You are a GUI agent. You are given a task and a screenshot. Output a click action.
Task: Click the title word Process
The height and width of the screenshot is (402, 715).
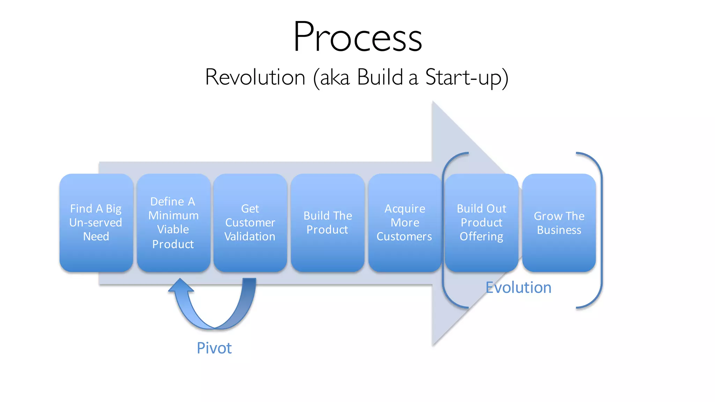tap(357, 37)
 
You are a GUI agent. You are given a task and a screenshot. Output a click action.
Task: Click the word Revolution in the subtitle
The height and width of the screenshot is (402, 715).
tap(255, 77)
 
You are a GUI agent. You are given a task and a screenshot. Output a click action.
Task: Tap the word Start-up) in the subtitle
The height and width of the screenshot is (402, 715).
tap(466, 77)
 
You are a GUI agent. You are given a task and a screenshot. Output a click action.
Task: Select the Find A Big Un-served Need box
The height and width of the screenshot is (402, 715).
tap(96, 223)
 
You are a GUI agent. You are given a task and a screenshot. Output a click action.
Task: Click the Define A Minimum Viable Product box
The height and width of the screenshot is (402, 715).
tap(174, 223)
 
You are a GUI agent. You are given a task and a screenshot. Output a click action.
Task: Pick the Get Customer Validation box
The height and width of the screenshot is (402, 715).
tap(250, 223)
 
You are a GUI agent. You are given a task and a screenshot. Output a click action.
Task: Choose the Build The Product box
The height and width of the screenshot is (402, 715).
tap(327, 223)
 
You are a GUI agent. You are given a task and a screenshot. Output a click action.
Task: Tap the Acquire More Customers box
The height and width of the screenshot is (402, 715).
tap(405, 223)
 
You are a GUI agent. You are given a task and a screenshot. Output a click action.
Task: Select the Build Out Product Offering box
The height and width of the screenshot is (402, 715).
tap(481, 223)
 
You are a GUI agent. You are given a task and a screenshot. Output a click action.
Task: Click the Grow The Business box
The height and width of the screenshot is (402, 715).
tap(559, 223)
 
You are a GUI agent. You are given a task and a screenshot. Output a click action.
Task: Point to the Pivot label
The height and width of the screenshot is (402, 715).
tap(214, 348)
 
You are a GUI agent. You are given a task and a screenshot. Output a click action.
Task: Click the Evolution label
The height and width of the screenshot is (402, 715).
tap(518, 288)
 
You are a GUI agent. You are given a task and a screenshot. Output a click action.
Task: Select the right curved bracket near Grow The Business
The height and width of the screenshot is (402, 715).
tap(601, 230)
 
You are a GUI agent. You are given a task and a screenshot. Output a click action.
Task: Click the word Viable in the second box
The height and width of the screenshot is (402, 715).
tap(173, 230)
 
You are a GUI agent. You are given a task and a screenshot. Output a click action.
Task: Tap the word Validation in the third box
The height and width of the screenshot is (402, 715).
tap(250, 237)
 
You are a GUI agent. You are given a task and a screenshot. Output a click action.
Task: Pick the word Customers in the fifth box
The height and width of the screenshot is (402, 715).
tap(404, 237)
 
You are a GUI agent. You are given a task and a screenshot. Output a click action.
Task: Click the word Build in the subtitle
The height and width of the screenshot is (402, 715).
tap(380, 77)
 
